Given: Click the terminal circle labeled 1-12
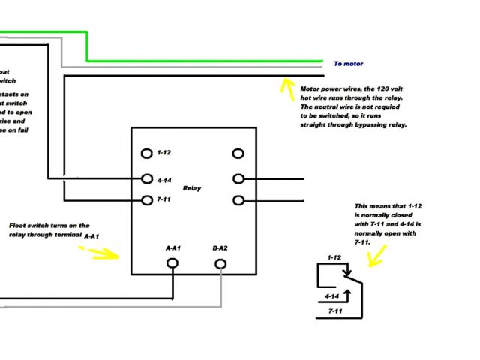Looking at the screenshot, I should point(147,153).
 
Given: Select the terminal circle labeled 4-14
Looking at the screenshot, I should point(147,179).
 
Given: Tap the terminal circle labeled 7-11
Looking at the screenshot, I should point(147,200).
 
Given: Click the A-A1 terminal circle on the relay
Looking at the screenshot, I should point(172,263).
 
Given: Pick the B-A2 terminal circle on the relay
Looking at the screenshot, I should point(220,263).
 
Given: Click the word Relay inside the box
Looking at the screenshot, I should point(191,188).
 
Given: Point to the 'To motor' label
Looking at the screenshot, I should point(348,64).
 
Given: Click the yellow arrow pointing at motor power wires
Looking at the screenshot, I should point(286,86).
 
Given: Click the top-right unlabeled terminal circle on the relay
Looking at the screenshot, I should point(238,153).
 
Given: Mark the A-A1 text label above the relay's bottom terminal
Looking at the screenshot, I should point(173,247).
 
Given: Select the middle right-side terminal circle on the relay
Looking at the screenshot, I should point(238,179).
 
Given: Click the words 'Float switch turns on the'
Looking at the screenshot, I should point(49,225).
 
